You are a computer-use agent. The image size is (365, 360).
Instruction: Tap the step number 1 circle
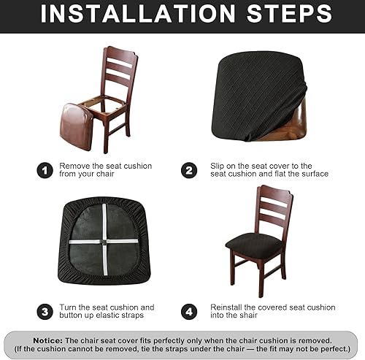pos(45,170)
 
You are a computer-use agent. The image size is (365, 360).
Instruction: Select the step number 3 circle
pos(45,312)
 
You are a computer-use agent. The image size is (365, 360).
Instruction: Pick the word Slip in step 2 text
pos(212,166)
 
